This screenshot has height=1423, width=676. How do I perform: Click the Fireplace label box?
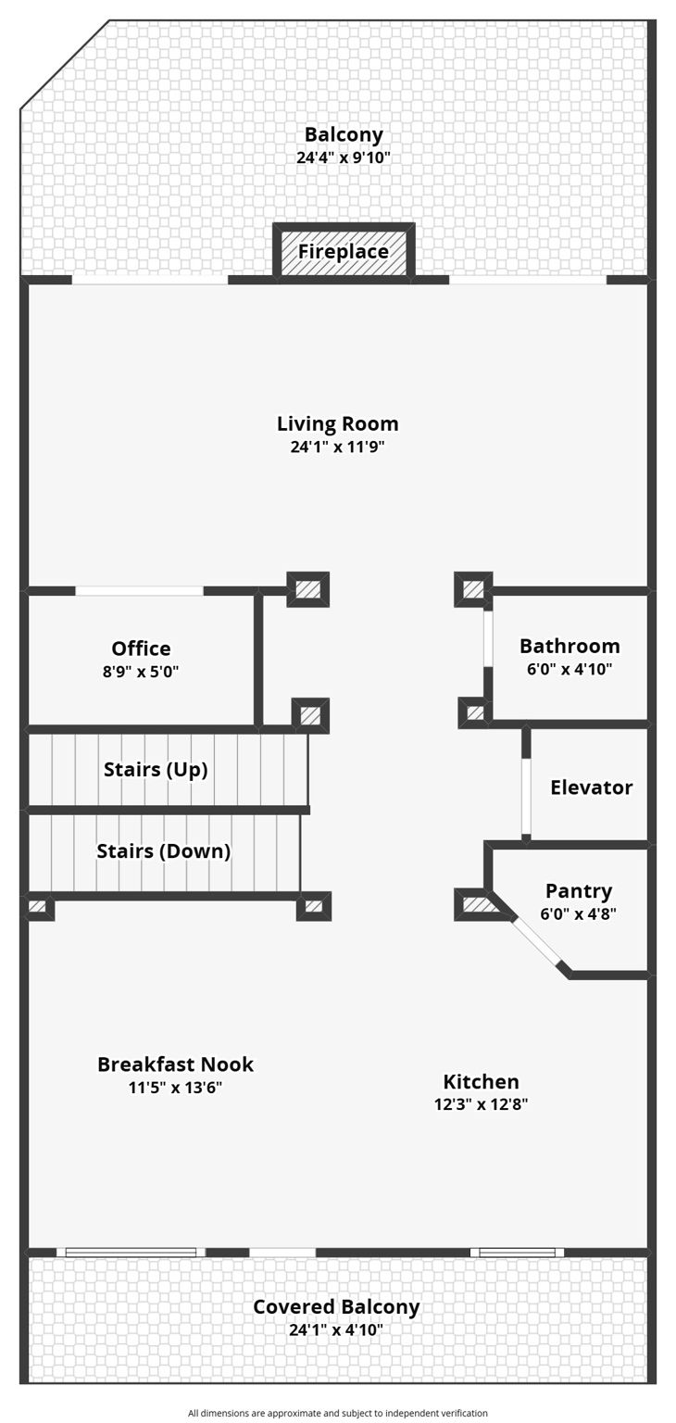point(343,252)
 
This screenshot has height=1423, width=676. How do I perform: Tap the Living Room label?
point(338,424)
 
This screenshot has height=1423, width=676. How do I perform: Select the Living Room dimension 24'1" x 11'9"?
point(338,447)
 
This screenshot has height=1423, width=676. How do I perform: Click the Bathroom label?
point(570,646)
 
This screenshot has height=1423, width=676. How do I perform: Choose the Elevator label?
point(591,787)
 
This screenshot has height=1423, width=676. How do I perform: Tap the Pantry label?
point(579,891)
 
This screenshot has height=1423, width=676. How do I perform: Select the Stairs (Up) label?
point(156,770)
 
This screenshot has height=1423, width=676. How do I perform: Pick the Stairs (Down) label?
point(163,850)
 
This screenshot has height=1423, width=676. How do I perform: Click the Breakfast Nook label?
point(175,1064)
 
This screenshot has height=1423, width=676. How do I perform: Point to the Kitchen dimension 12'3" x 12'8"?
point(481,1104)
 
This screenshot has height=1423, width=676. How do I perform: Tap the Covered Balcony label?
point(336,1307)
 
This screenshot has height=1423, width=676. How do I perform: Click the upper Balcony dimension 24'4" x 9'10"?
point(344,157)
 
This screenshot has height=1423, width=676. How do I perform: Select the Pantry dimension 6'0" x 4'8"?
point(579,913)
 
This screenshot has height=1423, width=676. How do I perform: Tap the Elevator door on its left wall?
point(526,797)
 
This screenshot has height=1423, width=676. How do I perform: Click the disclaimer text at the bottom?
point(338,1413)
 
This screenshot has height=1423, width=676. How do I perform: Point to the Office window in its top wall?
point(139,591)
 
